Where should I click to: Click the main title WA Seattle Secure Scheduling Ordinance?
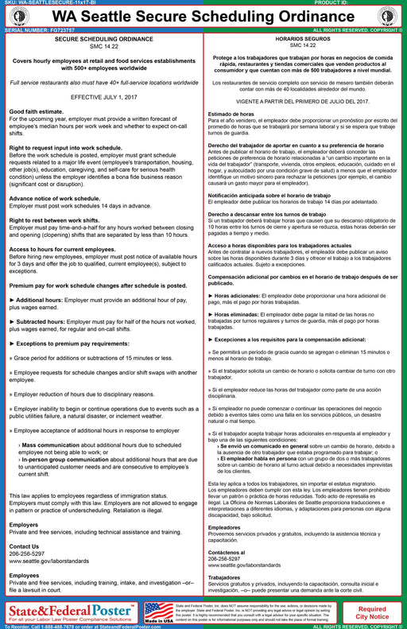pyautogui.click(x=203, y=15)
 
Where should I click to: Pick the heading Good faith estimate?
pyautogui.click(x=37, y=113)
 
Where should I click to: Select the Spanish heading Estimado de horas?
pyautogui.click(x=231, y=115)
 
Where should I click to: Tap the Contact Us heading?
pyautogui.click(x=24, y=547)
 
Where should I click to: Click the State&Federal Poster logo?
pyautogui.click(x=72, y=611)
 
